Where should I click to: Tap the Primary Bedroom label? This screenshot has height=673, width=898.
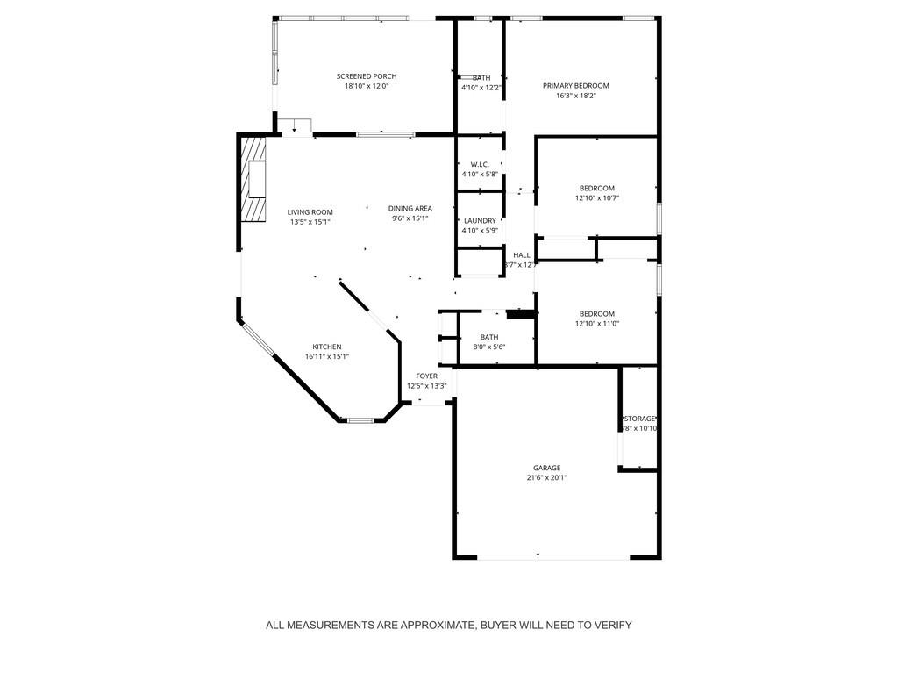click(575, 85)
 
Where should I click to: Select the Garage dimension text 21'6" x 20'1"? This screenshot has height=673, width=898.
click(546, 478)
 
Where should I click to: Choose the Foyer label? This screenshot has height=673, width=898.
click(426, 376)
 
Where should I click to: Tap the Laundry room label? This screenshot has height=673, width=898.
click(480, 220)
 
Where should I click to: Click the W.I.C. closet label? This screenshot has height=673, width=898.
click(480, 164)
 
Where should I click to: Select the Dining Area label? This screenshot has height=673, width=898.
click(410, 208)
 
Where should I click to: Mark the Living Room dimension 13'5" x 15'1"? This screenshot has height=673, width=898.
click(310, 222)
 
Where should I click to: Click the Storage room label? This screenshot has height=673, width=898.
click(639, 419)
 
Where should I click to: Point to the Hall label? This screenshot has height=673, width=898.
click(521, 254)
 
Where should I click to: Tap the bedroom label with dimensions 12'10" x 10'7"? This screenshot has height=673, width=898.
click(596, 188)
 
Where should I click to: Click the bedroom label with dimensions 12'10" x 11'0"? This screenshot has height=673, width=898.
click(596, 313)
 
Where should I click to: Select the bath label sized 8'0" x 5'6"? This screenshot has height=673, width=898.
click(488, 337)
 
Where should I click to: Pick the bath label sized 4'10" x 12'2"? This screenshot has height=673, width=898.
click(481, 77)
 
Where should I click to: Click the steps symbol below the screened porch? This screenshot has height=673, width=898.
click(296, 126)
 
